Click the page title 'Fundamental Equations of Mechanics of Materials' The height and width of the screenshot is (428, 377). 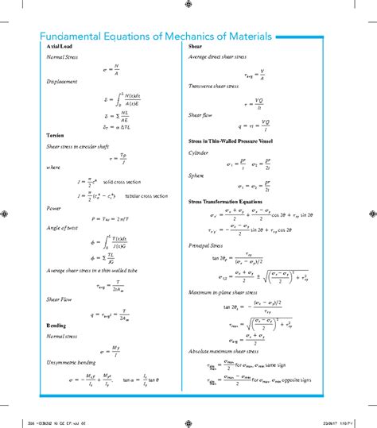tap(156, 37)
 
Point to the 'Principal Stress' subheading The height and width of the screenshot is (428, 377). tap(207, 245)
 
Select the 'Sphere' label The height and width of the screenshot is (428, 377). tap(197, 176)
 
